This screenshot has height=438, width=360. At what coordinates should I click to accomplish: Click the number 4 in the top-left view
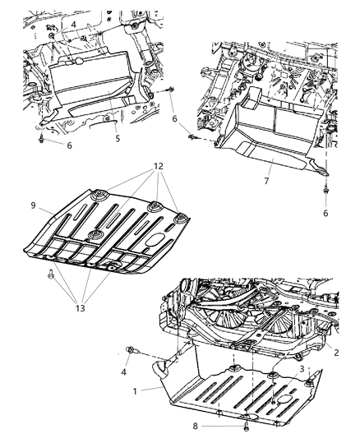[x=74, y=25]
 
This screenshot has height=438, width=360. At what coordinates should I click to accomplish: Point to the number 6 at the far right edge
[x=325, y=213]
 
